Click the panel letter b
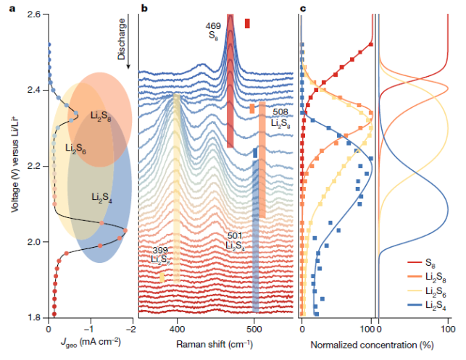144,8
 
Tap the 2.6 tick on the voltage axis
33,15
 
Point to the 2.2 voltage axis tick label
33,167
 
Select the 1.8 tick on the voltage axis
33,317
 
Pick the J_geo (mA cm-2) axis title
86,341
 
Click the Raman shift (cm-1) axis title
215,341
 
